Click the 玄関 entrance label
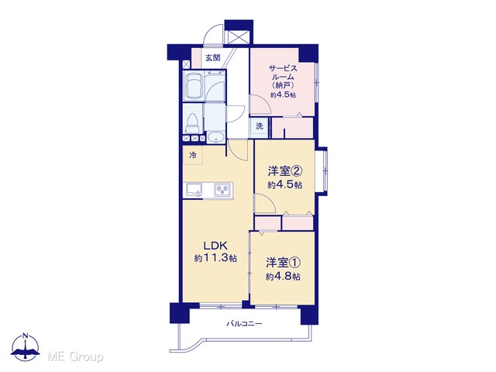(212, 58)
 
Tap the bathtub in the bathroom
(194, 86)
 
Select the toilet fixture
(193, 124)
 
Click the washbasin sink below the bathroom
(215, 138)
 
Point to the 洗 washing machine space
(260, 126)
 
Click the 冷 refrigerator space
(193, 155)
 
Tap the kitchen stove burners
(222, 190)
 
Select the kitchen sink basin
(194, 190)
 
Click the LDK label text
(215, 246)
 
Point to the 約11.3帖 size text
(215, 258)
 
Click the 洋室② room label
(285, 171)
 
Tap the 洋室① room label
(283, 263)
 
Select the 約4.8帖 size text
(283, 277)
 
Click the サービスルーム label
(283, 72)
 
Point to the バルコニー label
(244, 324)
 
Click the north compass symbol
(26, 346)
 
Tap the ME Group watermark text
(75, 357)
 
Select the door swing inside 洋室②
(265, 203)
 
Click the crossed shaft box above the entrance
(239, 38)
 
